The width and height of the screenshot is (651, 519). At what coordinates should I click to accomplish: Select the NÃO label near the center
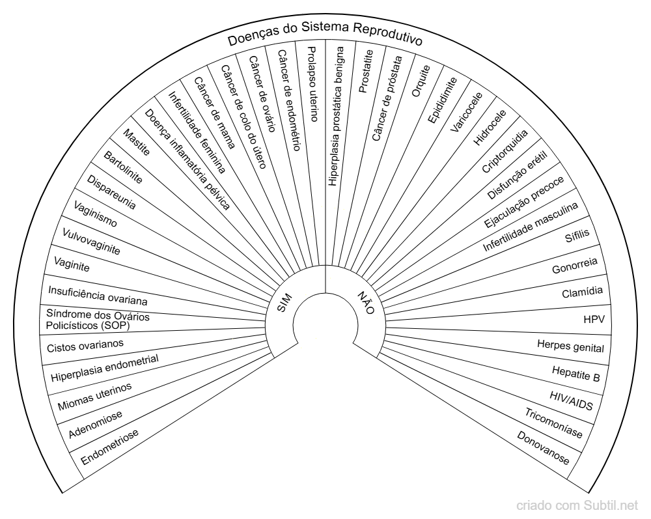pos(366,302)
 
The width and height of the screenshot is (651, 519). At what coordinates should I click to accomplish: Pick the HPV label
pos(594,320)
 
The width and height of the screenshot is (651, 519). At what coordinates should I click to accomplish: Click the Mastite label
pos(136,143)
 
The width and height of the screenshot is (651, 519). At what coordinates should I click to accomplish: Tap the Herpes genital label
pos(570,346)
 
